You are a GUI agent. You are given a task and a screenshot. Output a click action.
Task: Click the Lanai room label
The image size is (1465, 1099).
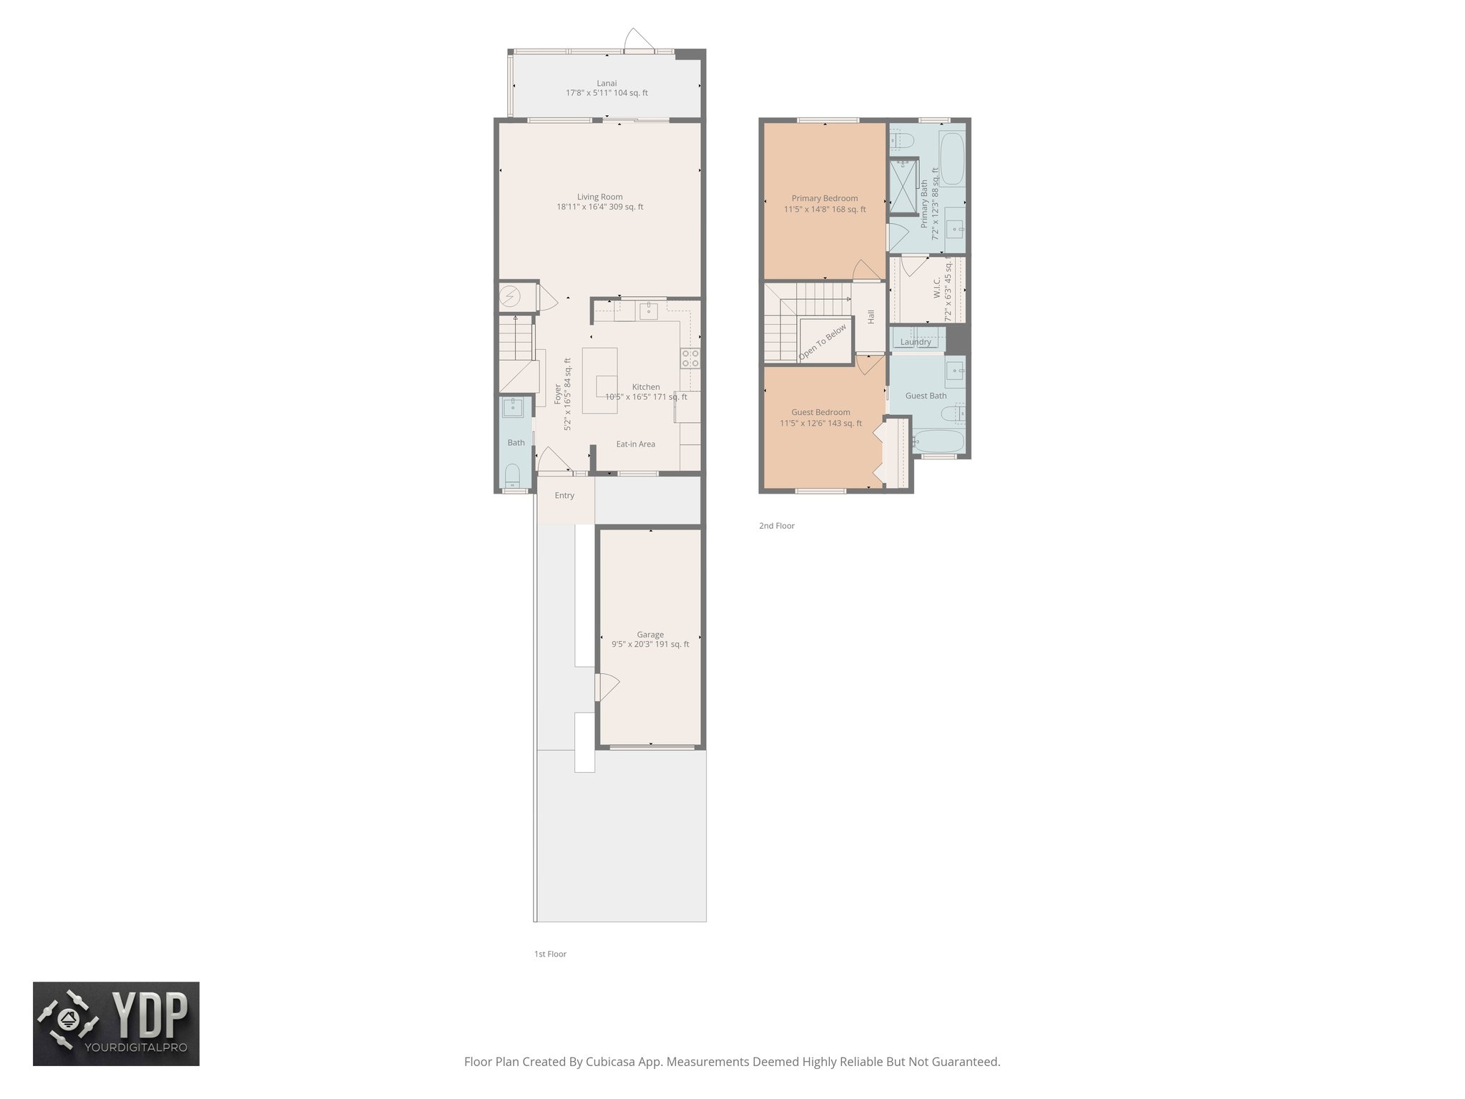[607, 83]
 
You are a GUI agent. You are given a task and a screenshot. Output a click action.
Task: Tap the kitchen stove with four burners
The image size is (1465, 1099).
[690, 358]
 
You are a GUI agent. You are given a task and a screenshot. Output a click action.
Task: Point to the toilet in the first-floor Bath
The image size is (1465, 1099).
[513, 476]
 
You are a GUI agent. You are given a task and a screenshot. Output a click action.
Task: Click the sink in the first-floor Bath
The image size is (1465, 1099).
[513, 408]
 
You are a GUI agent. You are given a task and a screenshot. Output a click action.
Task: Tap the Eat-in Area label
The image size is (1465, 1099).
[635, 444]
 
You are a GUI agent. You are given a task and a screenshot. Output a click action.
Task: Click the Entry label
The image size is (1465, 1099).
[564, 495]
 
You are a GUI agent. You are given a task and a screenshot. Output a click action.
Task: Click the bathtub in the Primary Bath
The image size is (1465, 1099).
[951, 160]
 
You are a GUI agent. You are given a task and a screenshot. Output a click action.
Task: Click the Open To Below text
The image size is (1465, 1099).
[823, 342]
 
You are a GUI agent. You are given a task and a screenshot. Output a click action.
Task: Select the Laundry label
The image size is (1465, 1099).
[916, 342]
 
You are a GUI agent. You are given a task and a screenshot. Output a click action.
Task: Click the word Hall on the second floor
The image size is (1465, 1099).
[871, 316]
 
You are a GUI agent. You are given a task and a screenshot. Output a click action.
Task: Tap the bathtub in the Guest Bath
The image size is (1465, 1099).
[937, 441]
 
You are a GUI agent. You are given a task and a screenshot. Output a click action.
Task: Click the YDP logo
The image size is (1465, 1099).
[116, 1024]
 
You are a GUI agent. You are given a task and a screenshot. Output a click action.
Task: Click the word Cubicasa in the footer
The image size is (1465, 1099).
[610, 1062]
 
